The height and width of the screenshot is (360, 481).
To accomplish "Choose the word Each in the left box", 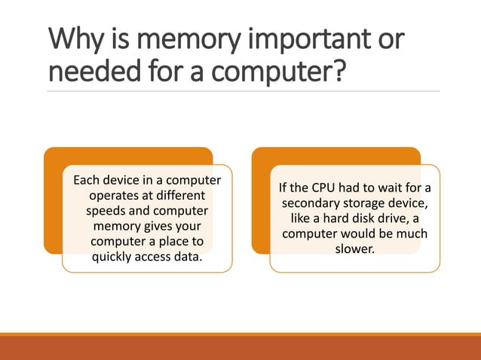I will coord(87,180).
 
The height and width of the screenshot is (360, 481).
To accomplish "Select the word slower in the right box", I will coord(354,249).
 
